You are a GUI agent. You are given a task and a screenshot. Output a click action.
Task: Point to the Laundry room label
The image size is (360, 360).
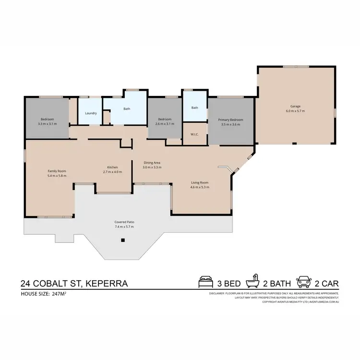tap(91, 113)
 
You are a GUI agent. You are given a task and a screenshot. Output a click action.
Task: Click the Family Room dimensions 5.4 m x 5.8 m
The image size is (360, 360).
tap(57, 176)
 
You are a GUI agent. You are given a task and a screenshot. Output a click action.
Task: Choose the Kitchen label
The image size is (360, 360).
tap(112, 167)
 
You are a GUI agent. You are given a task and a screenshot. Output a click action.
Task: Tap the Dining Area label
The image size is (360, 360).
tap(152, 163)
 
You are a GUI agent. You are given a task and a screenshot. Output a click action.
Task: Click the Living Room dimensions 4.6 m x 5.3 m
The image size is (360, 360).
tap(200, 187)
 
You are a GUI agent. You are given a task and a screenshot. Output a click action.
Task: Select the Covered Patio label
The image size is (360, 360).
tap(124, 222)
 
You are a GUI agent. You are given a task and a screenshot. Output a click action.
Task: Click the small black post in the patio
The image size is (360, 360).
tap(123, 240)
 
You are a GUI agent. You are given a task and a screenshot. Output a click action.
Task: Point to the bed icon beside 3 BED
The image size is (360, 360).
tap(205, 282)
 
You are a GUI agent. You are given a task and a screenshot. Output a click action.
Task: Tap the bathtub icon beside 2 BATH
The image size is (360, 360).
tap(252, 282)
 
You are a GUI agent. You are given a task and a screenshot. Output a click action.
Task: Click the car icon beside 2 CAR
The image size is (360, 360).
tap(304, 282)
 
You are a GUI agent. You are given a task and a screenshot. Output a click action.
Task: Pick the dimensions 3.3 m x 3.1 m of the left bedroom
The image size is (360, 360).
tap(47, 124)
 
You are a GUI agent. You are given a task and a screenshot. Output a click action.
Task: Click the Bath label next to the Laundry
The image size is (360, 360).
tap(127, 108)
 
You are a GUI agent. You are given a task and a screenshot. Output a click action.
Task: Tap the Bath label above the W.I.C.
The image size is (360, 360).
tap(194, 108)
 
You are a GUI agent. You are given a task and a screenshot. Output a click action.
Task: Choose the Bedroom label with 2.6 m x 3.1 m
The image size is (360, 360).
tap(165, 119)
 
